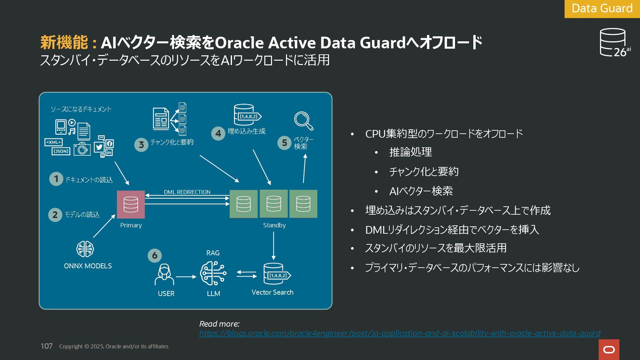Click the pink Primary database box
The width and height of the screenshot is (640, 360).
pyautogui.click(x=131, y=204)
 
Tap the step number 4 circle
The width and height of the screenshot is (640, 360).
pyautogui.click(x=218, y=134)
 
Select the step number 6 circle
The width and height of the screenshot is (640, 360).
pyautogui.click(x=155, y=256)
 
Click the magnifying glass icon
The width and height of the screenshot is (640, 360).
pyautogui.click(x=304, y=121)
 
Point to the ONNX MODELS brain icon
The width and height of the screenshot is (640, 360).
pyautogui.click(x=85, y=249)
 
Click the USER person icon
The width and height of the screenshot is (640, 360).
pyautogui.click(x=164, y=275)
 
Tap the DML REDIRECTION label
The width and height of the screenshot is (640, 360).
pyautogui.click(x=187, y=192)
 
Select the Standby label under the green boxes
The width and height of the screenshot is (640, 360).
pyautogui.click(x=274, y=225)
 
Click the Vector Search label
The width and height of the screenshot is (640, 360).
pyautogui.click(x=272, y=292)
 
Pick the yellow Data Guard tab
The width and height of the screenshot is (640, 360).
pyautogui.click(x=602, y=9)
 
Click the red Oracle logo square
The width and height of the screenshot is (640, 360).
pyautogui.click(x=609, y=350)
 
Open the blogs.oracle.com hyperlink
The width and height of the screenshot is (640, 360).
pyautogui.click(x=400, y=333)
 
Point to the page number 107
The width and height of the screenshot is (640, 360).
pyautogui.click(x=47, y=346)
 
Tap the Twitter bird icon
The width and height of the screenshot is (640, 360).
pyautogui.click(x=99, y=147)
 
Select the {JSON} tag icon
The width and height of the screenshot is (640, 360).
pyautogui.click(x=61, y=151)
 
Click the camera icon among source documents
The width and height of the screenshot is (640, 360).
pyautogui.click(x=82, y=149)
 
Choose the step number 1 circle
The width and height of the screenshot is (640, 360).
pyautogui.click(x=56, y=179)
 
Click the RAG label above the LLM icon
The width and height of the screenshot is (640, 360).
pyautogui.click(x=213, y=253)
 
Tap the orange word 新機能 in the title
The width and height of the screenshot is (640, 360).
pyautogui.click(x=64, y=43)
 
